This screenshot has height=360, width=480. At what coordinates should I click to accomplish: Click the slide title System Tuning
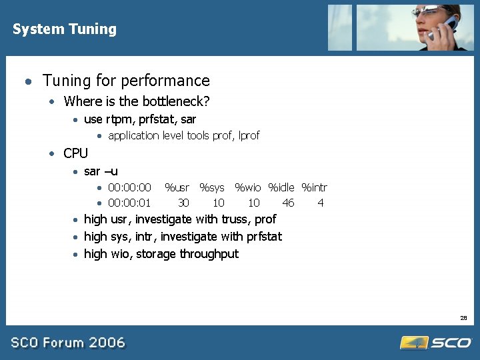pyautogui.click(x=65, y=29)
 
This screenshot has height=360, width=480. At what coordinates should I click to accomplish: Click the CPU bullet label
pyautogui.click(x=75, y=153)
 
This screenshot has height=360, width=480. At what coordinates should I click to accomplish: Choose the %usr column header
pyautogui.click(x=177, y=188)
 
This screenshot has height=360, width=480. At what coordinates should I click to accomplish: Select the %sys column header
pyautogui.click(x=212, y=188)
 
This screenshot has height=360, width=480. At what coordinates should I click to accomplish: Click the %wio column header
pyautogui.click(x=248, y=188)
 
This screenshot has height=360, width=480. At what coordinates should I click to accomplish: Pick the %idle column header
pyautogui.click(x=281, y=188)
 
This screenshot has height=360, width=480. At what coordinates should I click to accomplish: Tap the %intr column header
pyautogui.click(x=314, y=188)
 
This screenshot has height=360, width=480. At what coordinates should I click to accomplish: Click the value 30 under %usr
pyautogui.click(x=183, y=203)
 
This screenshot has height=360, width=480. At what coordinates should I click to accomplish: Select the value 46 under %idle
pyautogui.click(x=288, y=203)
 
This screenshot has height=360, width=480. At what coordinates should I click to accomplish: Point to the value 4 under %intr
pyautogui.click(x=321, y=203)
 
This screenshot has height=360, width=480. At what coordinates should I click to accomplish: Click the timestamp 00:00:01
pyautogui.click(x=129, y=203)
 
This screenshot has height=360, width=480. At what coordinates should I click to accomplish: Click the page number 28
pyautogui.click(x=463, y=318)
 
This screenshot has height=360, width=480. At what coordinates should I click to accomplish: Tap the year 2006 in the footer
pyautogui.click(x=107, y=343)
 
